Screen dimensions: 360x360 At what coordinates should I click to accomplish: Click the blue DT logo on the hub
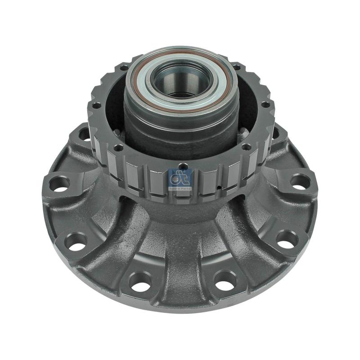click(180, 180)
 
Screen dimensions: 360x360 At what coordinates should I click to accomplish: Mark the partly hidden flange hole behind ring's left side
click(84, 133)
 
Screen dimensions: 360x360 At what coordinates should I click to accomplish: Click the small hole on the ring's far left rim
click(95, 106)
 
